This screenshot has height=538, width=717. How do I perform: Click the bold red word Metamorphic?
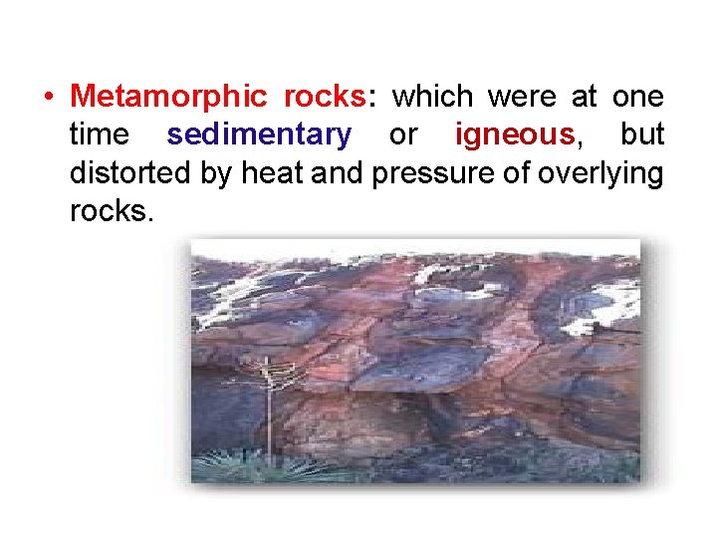tap(168, 97)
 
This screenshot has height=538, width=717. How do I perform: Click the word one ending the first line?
tap(638, 97)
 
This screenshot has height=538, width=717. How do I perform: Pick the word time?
tap(101, 134)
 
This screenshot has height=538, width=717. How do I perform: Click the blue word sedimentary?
tap(259, 134)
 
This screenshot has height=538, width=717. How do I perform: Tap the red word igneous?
tap(514, 134)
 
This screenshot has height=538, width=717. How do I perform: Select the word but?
tap(642, 134)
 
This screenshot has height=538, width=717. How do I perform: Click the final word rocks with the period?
tap(112, 210)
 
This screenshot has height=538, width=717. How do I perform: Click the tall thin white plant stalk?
tap(267, 408)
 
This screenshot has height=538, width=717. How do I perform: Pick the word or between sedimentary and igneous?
tap(403, 134)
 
